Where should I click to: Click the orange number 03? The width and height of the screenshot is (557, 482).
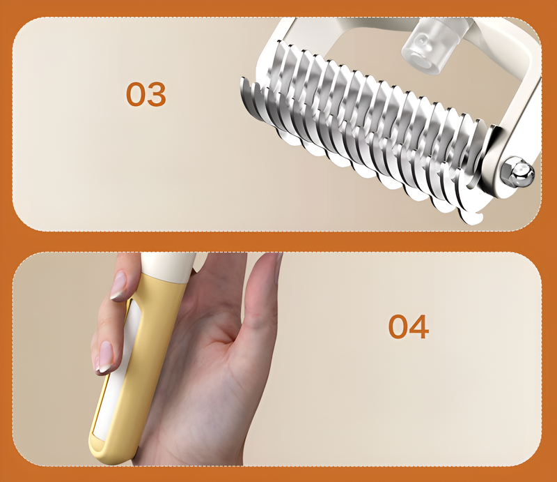tap(146, 94)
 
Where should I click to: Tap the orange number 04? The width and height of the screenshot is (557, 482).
tap(409, 326)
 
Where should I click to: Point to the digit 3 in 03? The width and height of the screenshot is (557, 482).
tap(157, 94)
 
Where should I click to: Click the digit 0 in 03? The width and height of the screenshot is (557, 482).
tap(136, 94)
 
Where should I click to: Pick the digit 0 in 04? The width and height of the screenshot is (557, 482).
tap(398, 326)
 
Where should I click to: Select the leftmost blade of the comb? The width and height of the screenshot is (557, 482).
tap(250, 96)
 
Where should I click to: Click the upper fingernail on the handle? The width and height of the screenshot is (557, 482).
tap(118, 285)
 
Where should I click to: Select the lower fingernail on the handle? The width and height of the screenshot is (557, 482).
tap(104, 356)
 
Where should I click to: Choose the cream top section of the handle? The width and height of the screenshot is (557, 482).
tap(167, 267)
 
